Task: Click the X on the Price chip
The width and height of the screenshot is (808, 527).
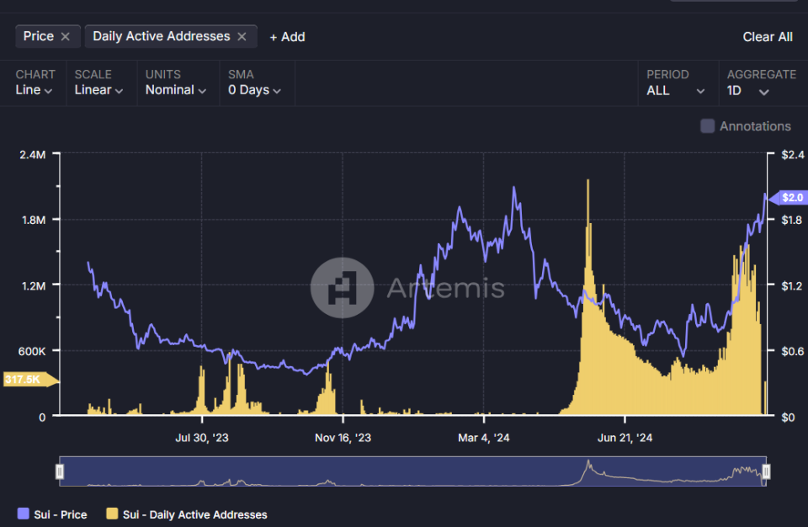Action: tap(66, 36)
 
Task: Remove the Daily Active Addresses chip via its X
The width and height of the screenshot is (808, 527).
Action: tap(242, 36)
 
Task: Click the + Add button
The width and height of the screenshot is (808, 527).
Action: tap(287, 37)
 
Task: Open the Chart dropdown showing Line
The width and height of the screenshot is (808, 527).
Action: tap(34, 90)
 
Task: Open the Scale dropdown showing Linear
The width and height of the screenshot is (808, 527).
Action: tap(98, 90)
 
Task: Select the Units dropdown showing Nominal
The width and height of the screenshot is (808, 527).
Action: tap(175, 90)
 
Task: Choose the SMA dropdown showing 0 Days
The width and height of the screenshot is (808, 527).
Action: tap(254, 90)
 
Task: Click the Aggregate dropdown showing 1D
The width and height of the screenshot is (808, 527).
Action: tap(748, 90)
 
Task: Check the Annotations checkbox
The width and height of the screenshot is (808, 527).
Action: tap(708, 126)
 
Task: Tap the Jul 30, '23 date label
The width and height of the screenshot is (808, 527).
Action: tap(201, 438)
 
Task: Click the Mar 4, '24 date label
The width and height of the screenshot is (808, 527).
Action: tap(483, 438)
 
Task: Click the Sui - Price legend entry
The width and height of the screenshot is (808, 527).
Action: tap(52, 514)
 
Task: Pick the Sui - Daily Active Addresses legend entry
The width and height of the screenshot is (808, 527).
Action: tap(186, 514)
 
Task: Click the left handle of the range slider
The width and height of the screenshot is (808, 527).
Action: tap(60, 471)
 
